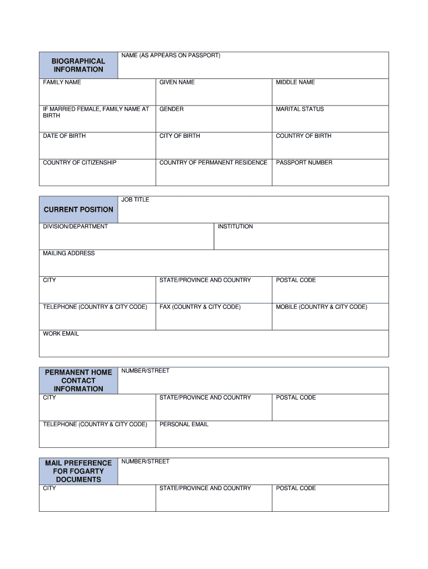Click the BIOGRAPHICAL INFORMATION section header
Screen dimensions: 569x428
pyautogui.click(x=78, y=65)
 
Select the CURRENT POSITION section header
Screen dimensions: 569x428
pyautogui.click(x=78, y=209)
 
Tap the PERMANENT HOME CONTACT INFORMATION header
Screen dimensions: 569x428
pyautogui.click(x=78, y=381)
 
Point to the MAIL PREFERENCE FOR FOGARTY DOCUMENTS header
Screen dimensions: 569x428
pyautogui.click(x=78, y=471)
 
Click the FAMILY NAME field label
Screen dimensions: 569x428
pyautogui.click(x=62, y=82)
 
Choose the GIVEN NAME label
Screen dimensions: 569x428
pyautogui.click(x=177, y=82)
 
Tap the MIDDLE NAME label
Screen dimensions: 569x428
pyautogui.click(x=295, y=82)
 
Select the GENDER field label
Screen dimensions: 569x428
pyautogui.click(x=171, y=109)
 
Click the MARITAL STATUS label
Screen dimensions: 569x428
pyautogui.click(x=300, y=109)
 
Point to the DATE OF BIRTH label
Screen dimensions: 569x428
pyautogui.click(x=64, y=136)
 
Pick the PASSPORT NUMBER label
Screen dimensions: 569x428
pyautogui.click(x=304, y=163)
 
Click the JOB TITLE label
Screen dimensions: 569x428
pyautogui.click(x=135, y=199)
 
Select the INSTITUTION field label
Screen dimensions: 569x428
pyautogui.click(x=235, y=227)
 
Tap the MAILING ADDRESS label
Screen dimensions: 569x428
pyautogui.click(x=69, y=253)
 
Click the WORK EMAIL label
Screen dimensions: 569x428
pyautogui.click(x=61, y=334)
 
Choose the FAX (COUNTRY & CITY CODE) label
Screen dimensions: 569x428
pyautogui.click(x=200, y=307)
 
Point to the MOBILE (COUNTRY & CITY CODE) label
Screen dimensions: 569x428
pyautogui.click(x=321, y=307)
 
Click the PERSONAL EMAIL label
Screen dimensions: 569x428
pyautogui.click(x=184, y=425)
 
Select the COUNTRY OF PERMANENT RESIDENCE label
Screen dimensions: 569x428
pyautogui.click(x=213, y=163)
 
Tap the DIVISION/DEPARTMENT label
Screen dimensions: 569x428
pyautogui.click(x=76, y=227)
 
